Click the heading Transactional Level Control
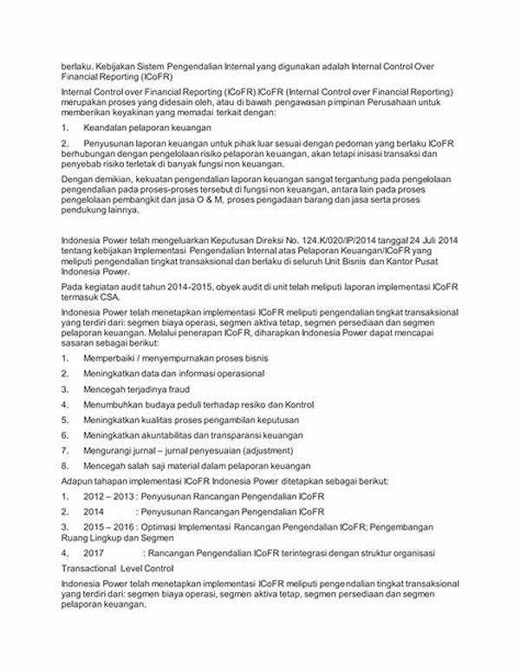click(117, 568)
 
